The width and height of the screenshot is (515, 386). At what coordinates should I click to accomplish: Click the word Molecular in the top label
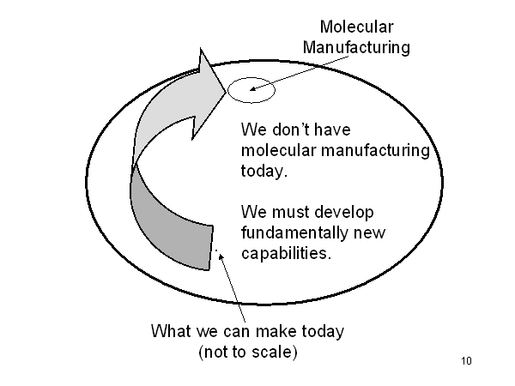(x=356, y=28)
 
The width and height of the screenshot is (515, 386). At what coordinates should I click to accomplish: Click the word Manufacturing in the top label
(x=356, y=47)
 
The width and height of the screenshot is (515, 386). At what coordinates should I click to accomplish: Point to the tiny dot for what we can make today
(x=217, y=251)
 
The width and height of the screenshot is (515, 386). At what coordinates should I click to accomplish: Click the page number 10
(x=466, y=360)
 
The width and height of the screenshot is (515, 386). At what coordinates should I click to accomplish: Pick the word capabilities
(x=285, y=254)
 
